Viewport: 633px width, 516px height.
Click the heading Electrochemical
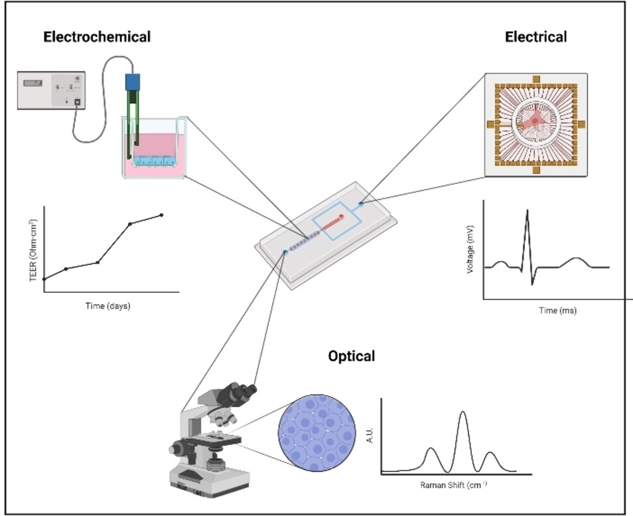97,37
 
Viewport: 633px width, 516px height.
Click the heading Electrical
536,37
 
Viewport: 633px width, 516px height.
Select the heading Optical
352,356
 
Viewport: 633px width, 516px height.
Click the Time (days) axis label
107,306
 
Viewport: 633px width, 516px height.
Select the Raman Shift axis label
455,485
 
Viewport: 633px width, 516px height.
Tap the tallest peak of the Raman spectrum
462,413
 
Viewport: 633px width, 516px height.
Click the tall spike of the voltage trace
527,212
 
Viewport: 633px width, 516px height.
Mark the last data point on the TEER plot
161,215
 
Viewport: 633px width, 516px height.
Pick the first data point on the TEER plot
44,279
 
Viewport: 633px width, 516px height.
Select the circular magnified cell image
313,435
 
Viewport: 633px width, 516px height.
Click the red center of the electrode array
535,124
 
